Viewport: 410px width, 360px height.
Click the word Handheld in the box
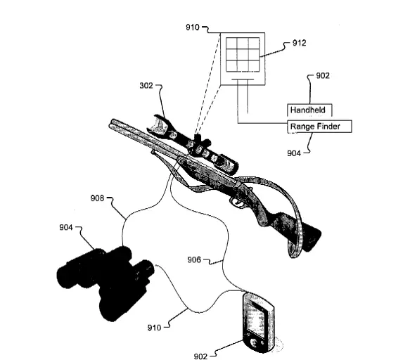click(x=308, y=110)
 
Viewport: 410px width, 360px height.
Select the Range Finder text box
click(x=319, y=127)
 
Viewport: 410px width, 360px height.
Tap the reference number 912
click(x=299, y=43)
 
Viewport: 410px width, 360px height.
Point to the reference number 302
click(x=146, y=86)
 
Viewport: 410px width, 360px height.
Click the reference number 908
click(x=97, y=198)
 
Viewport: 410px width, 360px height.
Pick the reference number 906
click(x=194, y=259)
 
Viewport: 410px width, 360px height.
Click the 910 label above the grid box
click(x=193, y=27)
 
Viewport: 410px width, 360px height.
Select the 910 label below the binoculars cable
click(x=154, y=328)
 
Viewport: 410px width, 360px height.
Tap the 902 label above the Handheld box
click(x=323, y=75)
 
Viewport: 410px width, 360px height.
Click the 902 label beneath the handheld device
click(x=200, y=356)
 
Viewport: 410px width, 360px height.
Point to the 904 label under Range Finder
click(x=294, y=153)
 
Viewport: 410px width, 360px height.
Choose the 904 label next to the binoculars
click(x=66, y=227)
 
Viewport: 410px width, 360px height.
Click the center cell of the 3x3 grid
click(x=243, y=54)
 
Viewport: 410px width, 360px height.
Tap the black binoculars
click(x=105, y=283)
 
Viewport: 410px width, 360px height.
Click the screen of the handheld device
click(x=256, y=318)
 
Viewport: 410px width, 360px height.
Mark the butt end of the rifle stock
click(x=313, y=239)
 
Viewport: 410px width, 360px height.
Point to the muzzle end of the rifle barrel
click(x=112, y=124)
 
